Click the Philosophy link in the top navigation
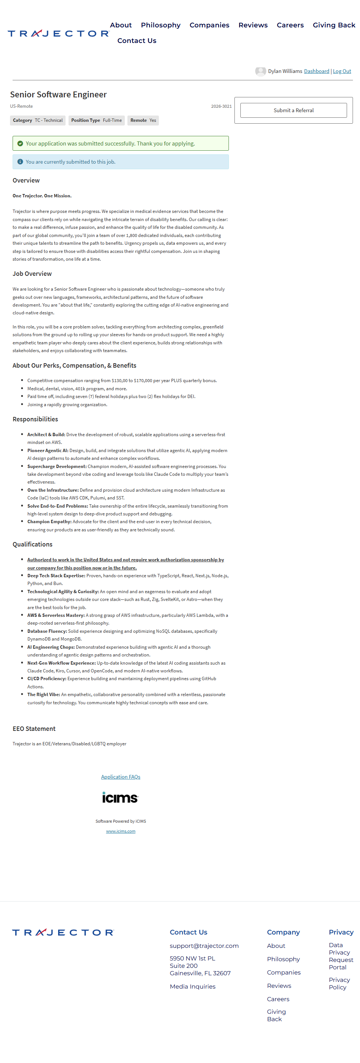pyautogui.click(x=161, y=25)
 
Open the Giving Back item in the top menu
pyautogui.click(x=334, y=25)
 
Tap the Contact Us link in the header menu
pyautogui.click(x=137, y=40)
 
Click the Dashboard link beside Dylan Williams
pyautogui.click(x=316, y=71)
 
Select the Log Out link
pyautogui.click(x=342, y=71)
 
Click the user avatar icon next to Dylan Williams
pyautogui.click(x=260, y=71)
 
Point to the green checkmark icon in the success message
pyautogui.click(x=20, y=144)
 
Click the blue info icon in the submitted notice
pyautogui.click(x=20, y=162)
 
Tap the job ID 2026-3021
pyautogui.click(x=221, y=106)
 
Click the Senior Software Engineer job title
pyautogui.click(x=58, y=94)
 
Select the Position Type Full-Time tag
pyautogui.click(x=96, y=120)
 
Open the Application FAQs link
pyautogui.click(x=120, y=777)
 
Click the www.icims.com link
pyautogui.click(x=120, y=831)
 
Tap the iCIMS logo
pyautogui.click(x=120, y=797)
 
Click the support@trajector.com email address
pyautogui.click(x=204, y=945)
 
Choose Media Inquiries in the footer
pyautogui.click(x=192, y=986)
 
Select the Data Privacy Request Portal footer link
pyautogui.click(x=341, y=956)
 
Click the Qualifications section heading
pyautogui.click(x=33, y=544)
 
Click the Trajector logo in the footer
pyautogui.click(x=63, y=932)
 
